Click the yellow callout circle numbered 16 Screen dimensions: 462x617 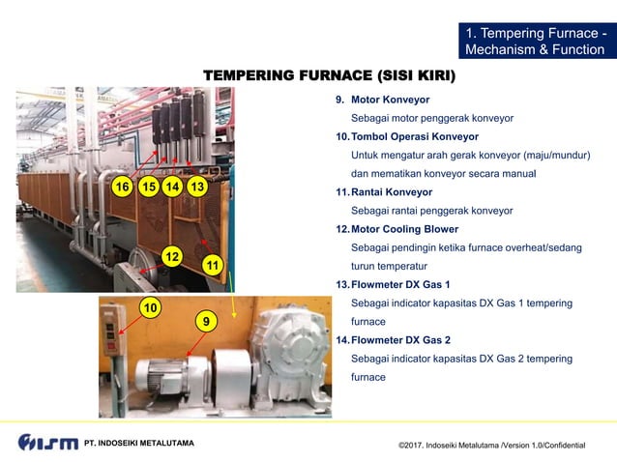click(x=122, y=186)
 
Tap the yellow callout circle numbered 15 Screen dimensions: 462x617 click(x=148, y=186)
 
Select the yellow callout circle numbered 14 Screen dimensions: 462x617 click(x=172, y=186)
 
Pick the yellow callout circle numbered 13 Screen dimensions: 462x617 click(x=196, y=186)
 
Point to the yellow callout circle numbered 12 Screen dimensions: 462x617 click(x=172, y=256)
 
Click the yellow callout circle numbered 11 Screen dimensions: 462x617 click(x=214, y=265)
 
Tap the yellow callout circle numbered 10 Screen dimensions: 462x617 click(x=150, y=307)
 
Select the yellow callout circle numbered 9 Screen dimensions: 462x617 click(x=204, y=320)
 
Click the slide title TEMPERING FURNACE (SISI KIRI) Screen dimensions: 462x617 click(x=329, y=75)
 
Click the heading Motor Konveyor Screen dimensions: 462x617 click(x=390, y=100)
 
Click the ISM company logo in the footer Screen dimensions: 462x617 click(x=47, y=442)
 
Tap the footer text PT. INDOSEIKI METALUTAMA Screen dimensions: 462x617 click(x=139, y=443)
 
